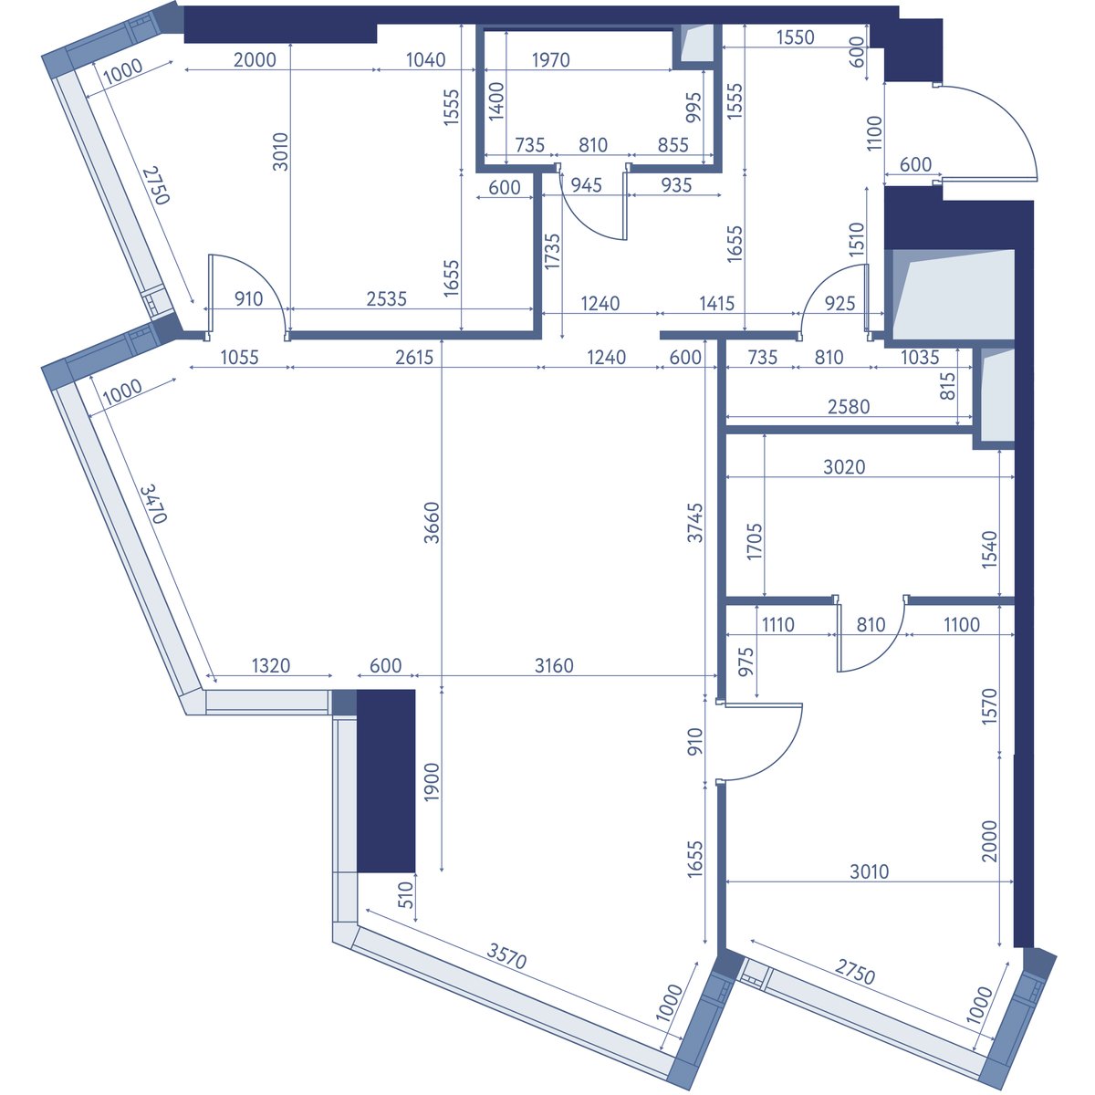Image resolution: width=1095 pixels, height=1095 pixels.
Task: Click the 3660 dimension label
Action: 432,522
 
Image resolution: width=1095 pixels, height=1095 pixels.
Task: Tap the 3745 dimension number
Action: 695,522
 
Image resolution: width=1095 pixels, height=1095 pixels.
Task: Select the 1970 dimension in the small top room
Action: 550,59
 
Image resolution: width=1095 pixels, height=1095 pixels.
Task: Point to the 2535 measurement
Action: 386,299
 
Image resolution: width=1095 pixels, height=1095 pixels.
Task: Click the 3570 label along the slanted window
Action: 506,956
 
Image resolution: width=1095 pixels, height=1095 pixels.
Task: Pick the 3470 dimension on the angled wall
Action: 153,504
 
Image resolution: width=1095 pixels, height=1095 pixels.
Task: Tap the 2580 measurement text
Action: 849,407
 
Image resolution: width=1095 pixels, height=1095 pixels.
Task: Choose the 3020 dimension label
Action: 844,467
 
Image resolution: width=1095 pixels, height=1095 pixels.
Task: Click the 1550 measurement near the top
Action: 795,37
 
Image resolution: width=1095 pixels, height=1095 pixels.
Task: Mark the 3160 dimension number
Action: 554,665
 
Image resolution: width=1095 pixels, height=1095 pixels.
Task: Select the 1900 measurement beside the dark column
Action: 432,782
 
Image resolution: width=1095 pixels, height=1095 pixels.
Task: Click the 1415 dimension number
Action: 716,304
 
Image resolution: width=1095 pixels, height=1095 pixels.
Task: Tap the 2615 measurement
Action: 414,358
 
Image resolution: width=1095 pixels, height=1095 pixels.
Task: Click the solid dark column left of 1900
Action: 386,781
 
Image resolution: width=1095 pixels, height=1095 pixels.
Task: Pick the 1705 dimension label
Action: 755,541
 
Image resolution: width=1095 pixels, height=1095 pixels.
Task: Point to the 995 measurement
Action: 693,108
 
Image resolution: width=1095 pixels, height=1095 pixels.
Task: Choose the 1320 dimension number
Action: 270,665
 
